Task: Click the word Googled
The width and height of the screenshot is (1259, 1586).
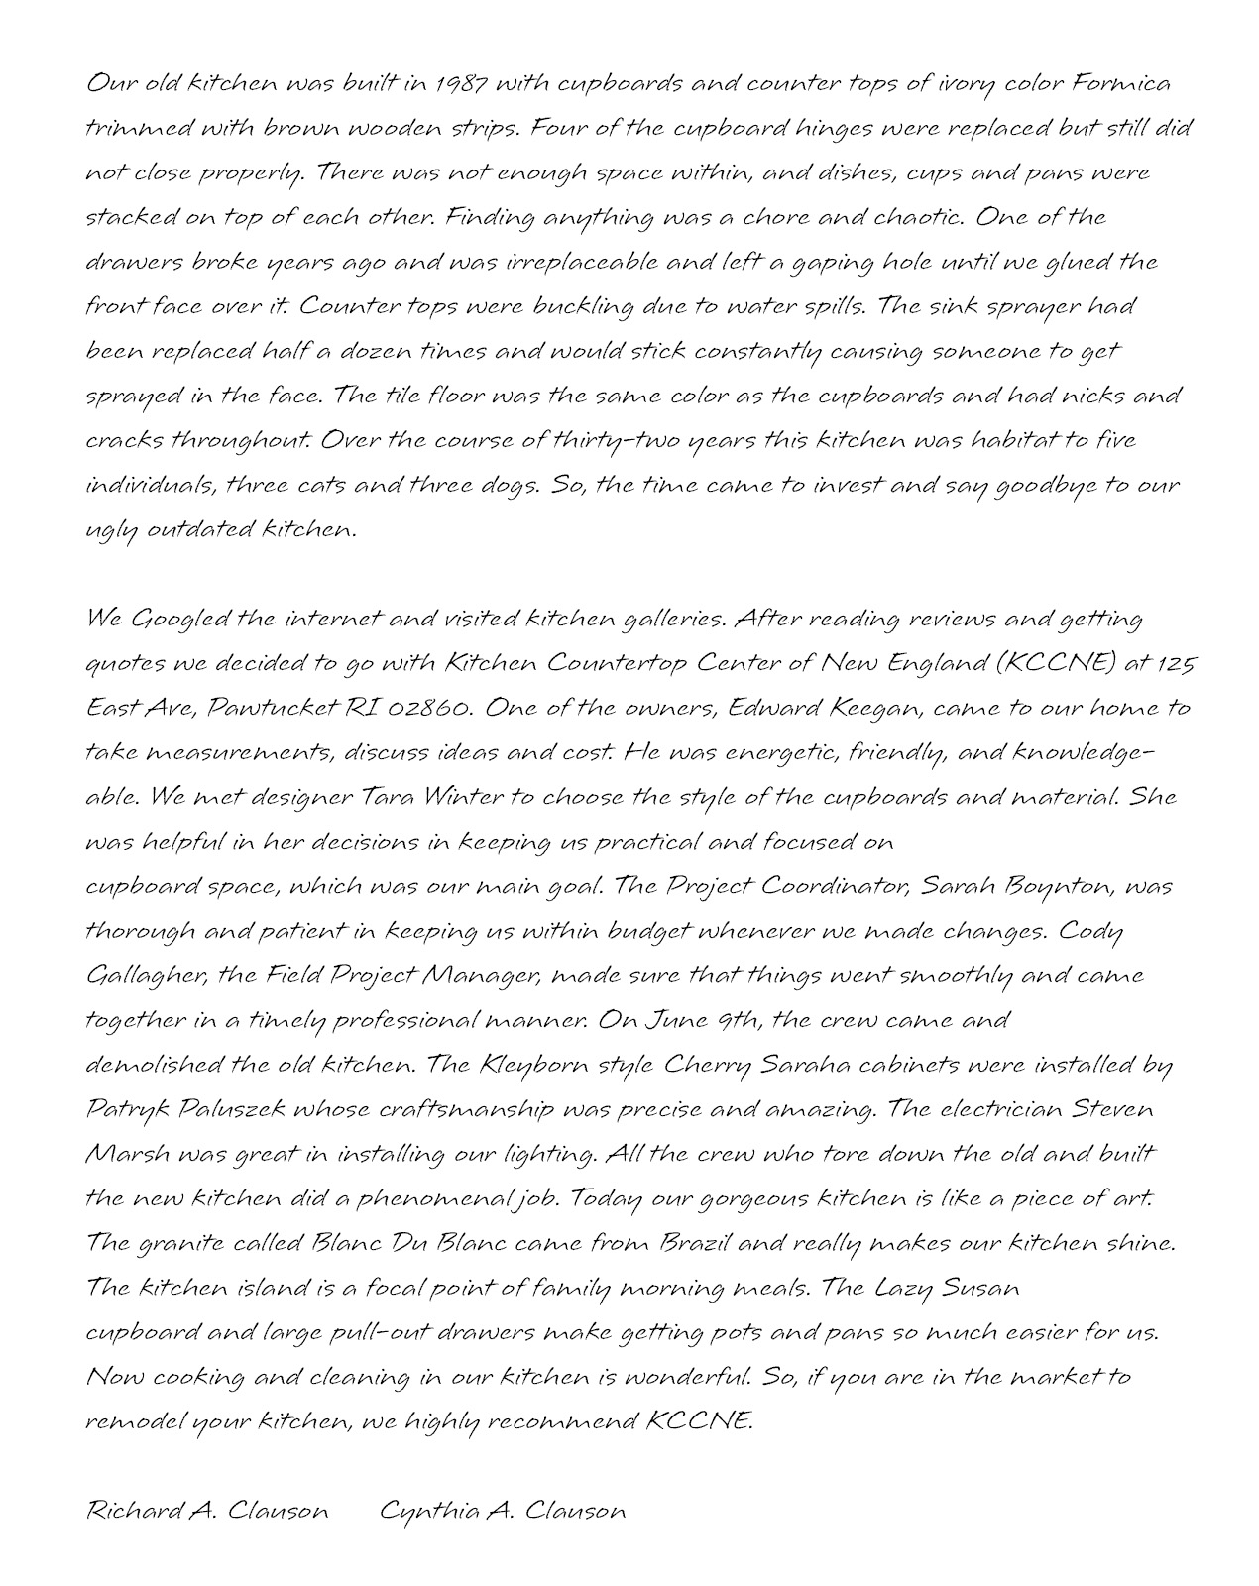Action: [179, 620]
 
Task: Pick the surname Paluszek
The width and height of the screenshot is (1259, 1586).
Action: [232, 1109]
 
